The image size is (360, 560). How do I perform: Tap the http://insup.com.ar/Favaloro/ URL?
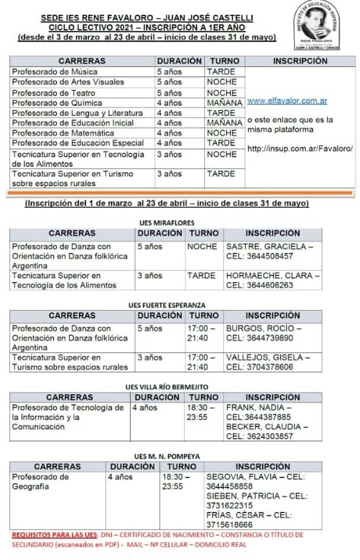pyautogui.click(x=300, y=148)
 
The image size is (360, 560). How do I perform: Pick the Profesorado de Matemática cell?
pyautogui.click(x=63, y=133)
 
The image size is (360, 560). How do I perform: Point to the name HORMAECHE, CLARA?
pyautogui.click(x=270, y=276)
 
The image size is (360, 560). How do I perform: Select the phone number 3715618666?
pyautogui.click(x=229, y=525)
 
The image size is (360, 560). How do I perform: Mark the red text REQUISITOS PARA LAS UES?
pyautogui.click(x=52, y=535)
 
